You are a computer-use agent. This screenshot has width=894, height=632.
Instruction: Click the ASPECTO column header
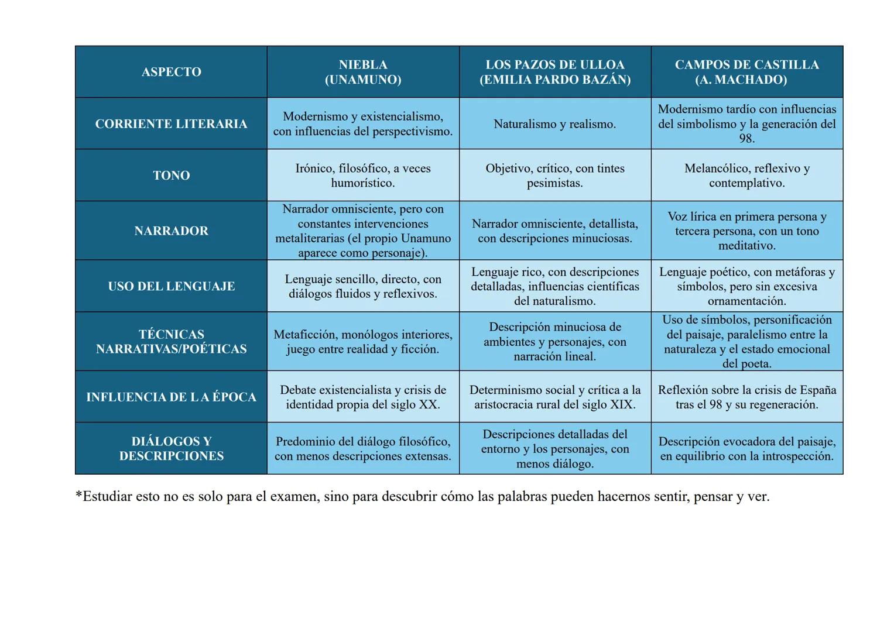(171, 72)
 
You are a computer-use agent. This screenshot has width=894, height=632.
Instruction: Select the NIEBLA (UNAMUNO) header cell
(363, 72)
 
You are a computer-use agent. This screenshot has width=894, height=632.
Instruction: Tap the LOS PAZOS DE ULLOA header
(555, 72)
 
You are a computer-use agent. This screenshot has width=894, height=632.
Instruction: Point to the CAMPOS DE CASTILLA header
(746, 72)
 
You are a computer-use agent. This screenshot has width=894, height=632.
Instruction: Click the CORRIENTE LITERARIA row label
(171, 124)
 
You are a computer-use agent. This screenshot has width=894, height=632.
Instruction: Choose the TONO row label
(171, 176)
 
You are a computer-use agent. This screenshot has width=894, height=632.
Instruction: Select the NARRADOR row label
(171, 231)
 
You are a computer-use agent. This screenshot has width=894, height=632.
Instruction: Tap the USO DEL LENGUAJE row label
(171, 286)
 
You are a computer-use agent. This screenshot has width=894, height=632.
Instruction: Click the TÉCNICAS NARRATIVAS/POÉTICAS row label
(171, 342)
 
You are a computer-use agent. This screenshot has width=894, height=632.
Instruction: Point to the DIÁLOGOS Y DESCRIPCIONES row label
(171, 449)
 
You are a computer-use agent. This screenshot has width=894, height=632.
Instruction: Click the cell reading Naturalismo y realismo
(554, 124)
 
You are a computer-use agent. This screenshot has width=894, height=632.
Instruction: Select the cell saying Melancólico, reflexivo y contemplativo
(746, 176)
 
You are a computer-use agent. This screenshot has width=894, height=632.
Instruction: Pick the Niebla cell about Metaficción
(363, 342)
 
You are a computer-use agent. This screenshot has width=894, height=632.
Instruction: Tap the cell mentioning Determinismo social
(554, 397)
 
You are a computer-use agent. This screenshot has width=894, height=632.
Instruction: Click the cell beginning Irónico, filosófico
(363, 176)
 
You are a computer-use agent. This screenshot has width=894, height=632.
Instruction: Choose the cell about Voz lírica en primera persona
(746, 231)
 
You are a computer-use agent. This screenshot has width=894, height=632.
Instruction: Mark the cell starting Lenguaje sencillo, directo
(363, 286)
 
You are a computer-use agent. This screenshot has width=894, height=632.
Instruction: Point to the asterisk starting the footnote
(79, 495)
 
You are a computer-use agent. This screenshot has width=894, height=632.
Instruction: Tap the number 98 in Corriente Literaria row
(746, 139)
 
